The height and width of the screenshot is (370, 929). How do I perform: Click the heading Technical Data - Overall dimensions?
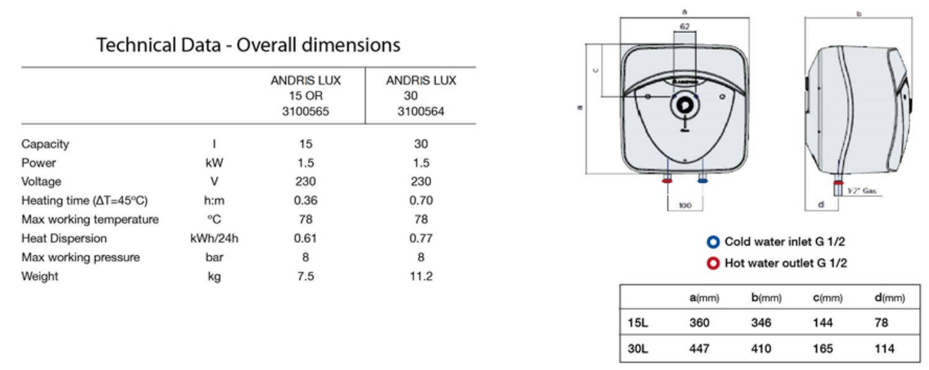click(248, 45)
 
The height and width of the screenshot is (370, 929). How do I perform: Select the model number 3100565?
click(306, 112)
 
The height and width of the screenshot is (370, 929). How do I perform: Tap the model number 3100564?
click(421, 112)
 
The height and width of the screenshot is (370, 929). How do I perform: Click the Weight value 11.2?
click(421, 276)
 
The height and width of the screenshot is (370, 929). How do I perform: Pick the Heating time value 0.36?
click(306, 201)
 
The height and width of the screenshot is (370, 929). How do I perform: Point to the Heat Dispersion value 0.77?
click(421, 239)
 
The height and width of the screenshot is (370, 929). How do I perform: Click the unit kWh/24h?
click(214, 239)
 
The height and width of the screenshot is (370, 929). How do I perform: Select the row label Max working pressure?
click(81, 258)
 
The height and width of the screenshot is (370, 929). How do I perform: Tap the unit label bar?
click(214, 257)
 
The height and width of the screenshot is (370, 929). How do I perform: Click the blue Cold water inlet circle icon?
click(713, 242)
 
